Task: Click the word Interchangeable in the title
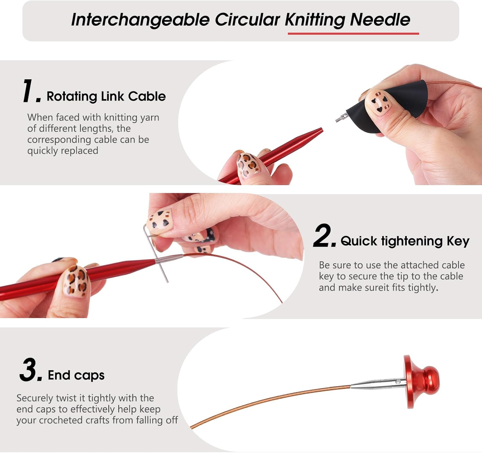click(x=140, y=20)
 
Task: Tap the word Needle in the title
click(x=380, y=20)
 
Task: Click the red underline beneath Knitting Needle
click(x=353, y=33)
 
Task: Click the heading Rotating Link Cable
click(x=106, y=96)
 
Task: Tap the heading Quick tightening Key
click(x=405, y=241)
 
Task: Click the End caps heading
click(x=76, y=375)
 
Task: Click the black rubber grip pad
click(x=398, y=103)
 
